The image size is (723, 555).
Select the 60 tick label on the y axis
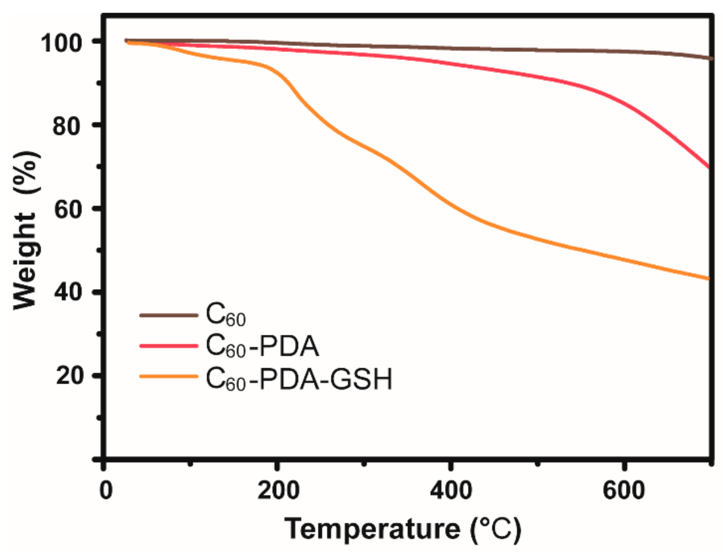[67, 210]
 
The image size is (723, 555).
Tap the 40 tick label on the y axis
[67, 293]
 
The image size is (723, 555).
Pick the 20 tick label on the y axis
[68, 376]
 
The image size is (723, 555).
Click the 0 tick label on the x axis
[106, 490]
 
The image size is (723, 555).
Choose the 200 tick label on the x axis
[278, 490]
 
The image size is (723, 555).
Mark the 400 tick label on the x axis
[450, 490]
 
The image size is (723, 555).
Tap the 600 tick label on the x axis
[623, 490]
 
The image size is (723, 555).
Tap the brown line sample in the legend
[168, 315]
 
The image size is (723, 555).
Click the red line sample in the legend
[168, 346]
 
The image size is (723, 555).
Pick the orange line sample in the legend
[168, 377]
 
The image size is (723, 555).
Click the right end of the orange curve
[709, 279]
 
